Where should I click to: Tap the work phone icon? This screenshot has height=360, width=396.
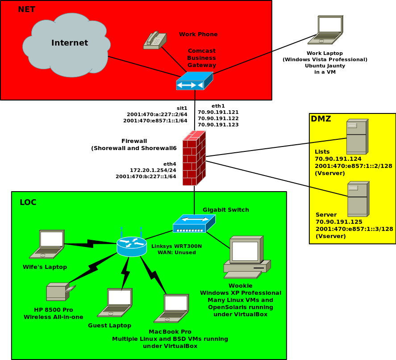pos(155,40)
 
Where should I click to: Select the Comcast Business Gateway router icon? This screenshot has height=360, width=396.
pos(194,81)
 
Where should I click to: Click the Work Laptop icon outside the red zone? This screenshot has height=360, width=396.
pos(326,30)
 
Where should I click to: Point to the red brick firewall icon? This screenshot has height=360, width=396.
pos(194,158)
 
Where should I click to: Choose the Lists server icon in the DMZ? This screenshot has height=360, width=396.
pos(357,136)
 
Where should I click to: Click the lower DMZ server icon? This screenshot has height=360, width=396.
pos(358,199)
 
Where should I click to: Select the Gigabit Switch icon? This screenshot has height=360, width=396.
pos(194,224)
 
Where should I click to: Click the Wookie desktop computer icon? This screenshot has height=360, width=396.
pos(246,256)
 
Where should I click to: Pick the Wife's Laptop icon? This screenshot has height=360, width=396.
pos(47,244)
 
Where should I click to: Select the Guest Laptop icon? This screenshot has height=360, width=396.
pos(115,302)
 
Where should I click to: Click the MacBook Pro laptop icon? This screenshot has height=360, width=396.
pos(171,309)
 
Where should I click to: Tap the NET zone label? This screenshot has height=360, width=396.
pos(26,9)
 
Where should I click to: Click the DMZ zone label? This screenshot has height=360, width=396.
pos(321,119)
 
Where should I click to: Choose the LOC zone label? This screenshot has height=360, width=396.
pos(28,202)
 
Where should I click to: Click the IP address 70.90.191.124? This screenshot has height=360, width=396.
pos(338,159)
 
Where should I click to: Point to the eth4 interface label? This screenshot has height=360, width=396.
pos(170,164)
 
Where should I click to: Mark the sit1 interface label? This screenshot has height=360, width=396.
pos(182,108)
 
